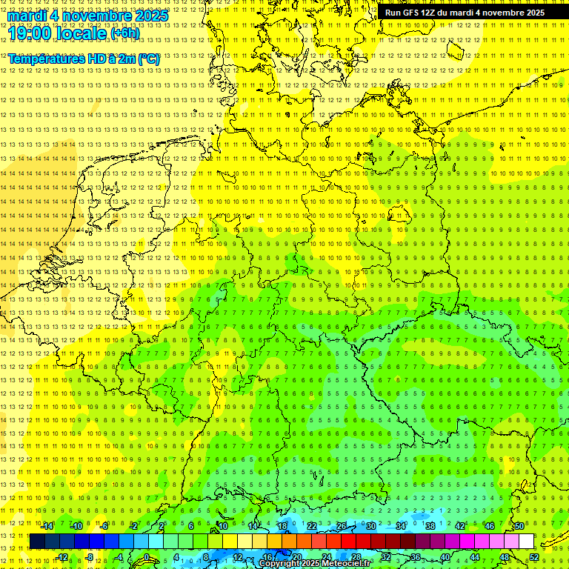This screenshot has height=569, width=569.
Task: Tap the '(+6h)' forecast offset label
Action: click(124, 33)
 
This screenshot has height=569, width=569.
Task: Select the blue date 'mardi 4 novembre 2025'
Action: click(88, 15)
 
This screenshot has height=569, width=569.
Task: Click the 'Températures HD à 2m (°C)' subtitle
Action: click(83, 59)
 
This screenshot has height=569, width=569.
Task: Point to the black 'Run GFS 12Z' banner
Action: click(465, 13)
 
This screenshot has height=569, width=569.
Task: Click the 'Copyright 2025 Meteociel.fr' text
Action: click(315, 563)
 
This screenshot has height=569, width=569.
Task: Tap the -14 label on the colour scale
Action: click(47, 526)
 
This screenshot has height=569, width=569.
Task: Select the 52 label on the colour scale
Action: click(534, 557)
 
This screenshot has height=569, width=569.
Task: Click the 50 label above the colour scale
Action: click(519, 526)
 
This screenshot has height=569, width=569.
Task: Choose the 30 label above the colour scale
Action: click(370, 526)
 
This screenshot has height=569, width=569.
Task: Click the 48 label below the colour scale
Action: click(505, 557)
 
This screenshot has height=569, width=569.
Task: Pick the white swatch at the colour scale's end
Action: click(527, 542)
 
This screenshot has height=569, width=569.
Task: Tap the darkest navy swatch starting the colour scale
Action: click(37, 542)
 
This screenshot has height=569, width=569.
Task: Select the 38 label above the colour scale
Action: click(430, 526)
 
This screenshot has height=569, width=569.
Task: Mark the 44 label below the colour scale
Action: click(475, 557)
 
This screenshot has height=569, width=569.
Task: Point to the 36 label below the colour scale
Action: click(416, 557)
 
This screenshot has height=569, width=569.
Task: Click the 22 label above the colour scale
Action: click(311, 526)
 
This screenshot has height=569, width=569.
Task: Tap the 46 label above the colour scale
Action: click(490, 526)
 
